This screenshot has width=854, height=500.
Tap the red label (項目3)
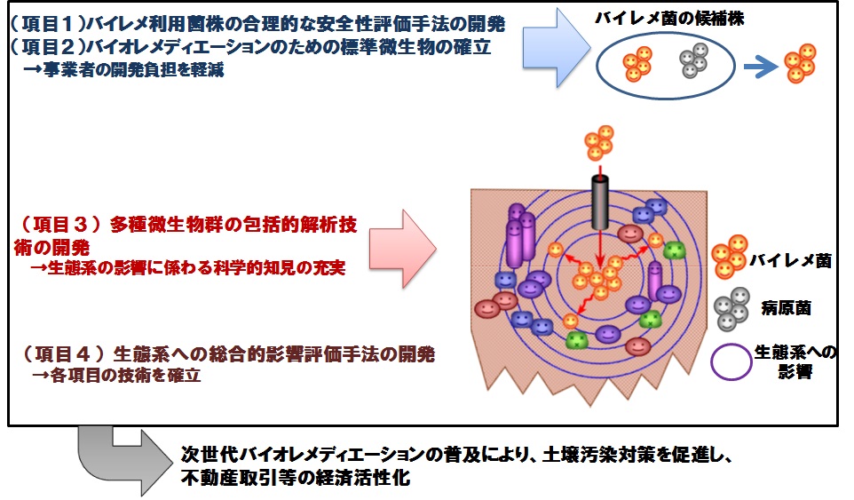tap(60, 224)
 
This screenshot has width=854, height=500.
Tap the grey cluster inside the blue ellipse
tap(693, 60)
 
